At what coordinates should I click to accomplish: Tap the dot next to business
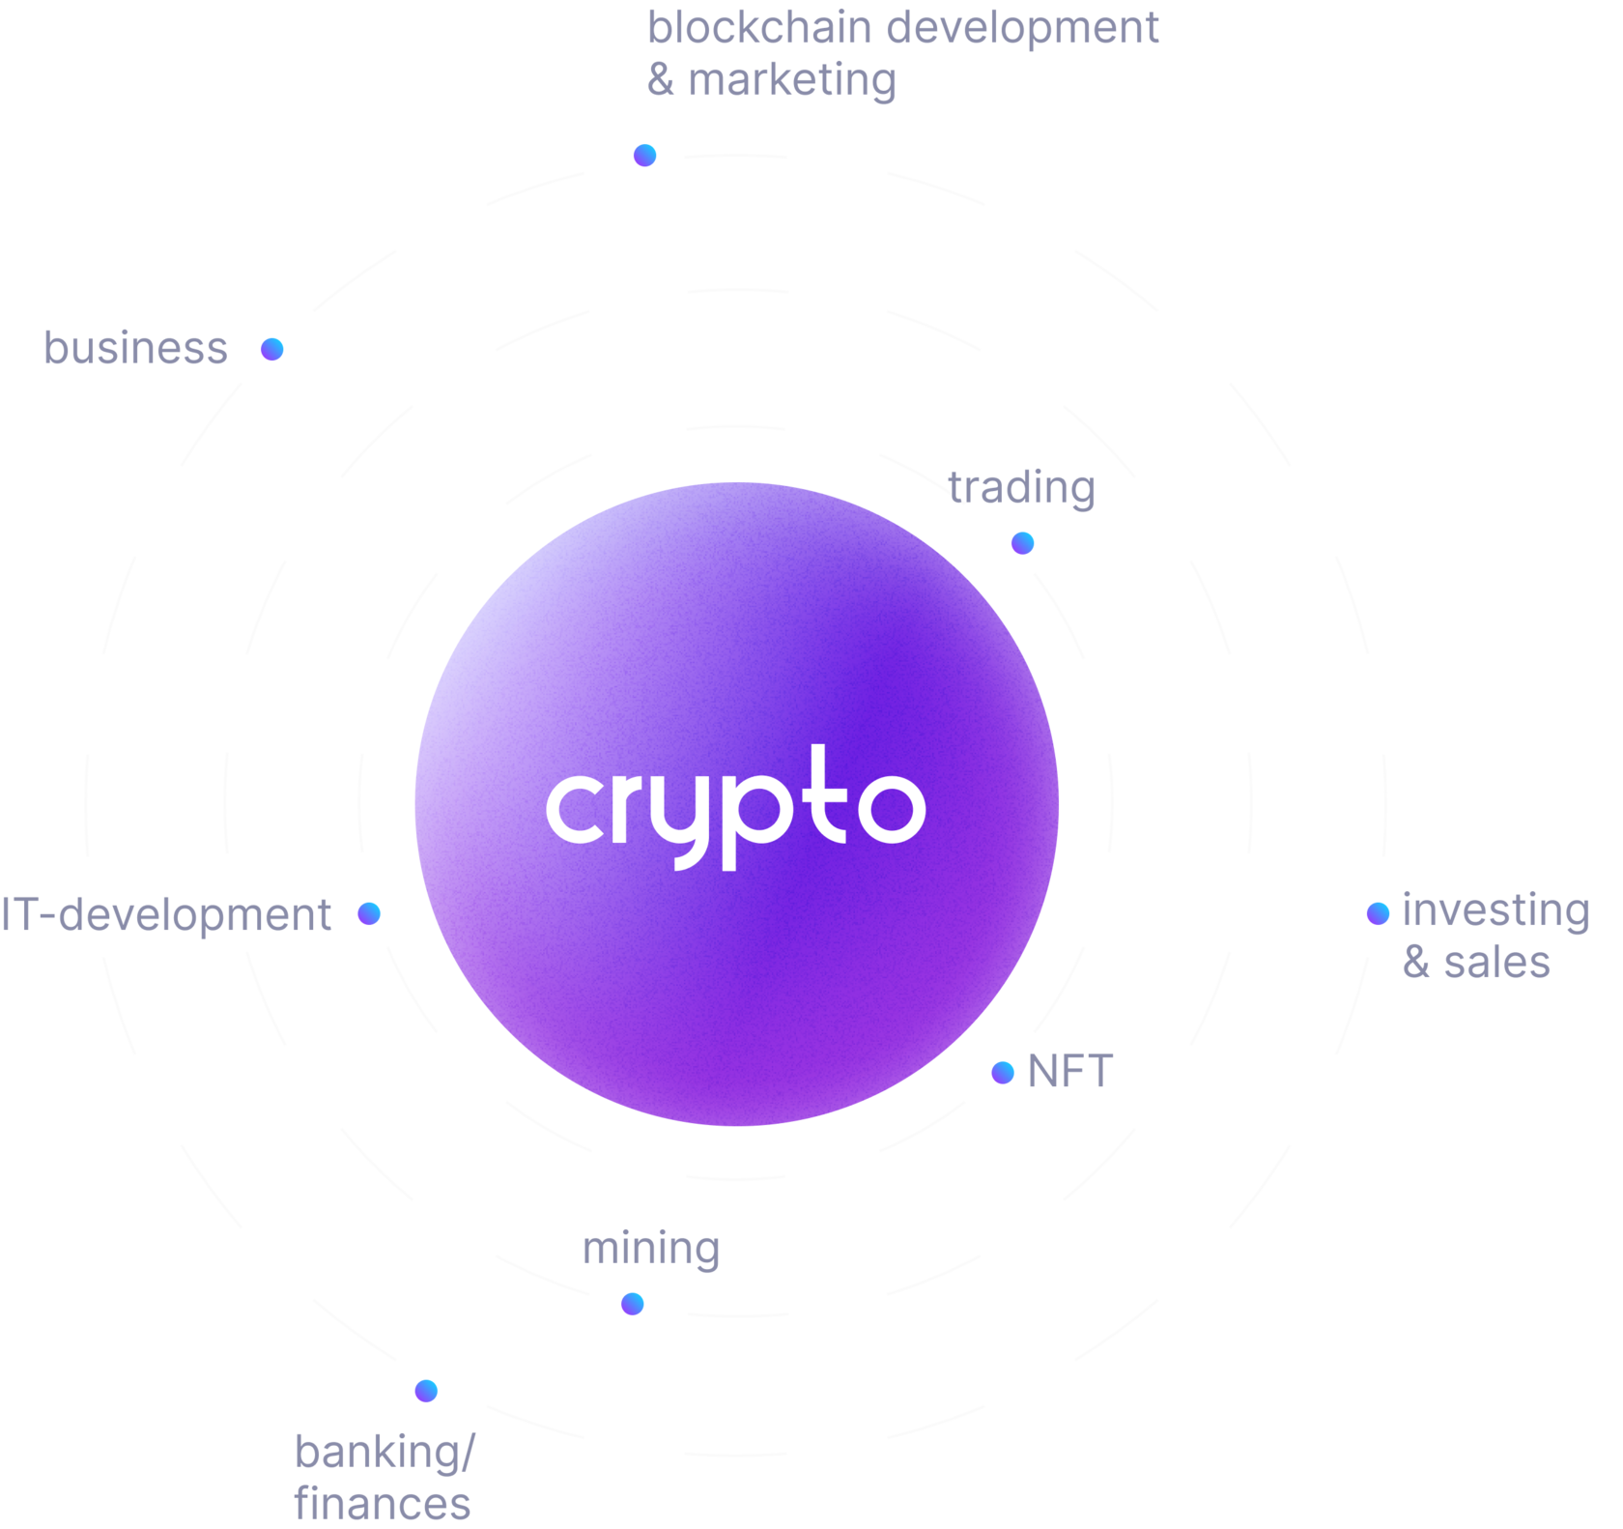click(272, 349)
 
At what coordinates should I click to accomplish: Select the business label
click(136, 348)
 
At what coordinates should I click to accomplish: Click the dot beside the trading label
click(1022, 543)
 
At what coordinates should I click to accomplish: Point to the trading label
click(1021, 488)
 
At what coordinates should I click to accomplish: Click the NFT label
click(1070, 1071)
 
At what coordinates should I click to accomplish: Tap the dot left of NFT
click(1003, 1072)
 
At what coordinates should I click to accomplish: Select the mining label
click(651, 1249)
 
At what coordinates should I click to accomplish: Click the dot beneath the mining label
click(632, 1304)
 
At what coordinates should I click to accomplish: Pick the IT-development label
click(166, 915)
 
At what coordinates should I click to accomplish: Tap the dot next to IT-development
click(369, 913)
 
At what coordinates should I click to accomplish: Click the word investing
click(1495, 911)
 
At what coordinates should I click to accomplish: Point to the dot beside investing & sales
click(1379, 912)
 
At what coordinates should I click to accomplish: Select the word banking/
click(384, 1453)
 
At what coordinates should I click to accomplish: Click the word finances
click(383, 1504)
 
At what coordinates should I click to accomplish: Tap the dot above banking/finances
click(426, 1390)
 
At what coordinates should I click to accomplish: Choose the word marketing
click(792, 80)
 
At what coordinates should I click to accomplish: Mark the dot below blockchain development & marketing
click(644, 155)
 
